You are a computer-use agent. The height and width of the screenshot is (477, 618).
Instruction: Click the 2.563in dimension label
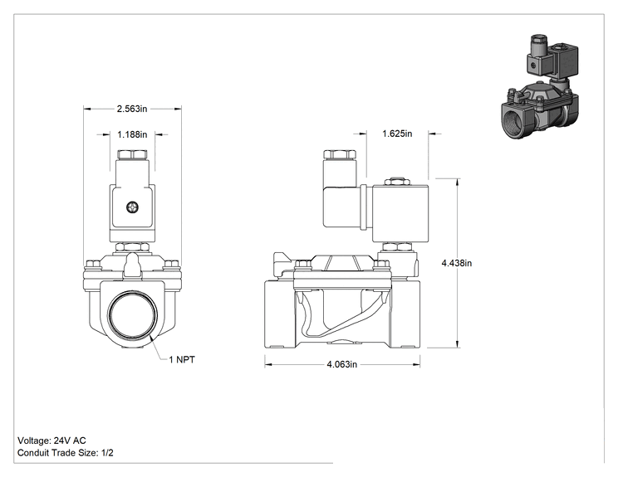pyautogui.click(x=131, y=109)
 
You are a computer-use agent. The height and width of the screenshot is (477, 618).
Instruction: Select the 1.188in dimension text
pyautogui.click(x=132, y=134)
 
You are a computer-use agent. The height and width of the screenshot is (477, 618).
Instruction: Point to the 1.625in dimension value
pyautogui.click(x=397, y=134)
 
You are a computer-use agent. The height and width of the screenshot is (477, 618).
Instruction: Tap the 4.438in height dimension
pyautogui.click(x=456, y=263)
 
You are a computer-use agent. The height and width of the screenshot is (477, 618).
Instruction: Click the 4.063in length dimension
pyautogui.click(x=341, y=364)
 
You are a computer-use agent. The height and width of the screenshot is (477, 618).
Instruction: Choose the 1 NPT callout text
pyautogui.click(x=182, y=359)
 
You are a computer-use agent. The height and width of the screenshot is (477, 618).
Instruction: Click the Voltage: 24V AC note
pyautogui.click(x=51, y=440)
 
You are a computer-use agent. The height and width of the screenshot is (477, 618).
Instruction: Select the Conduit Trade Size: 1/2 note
pyautogui.click(x=66, y=453)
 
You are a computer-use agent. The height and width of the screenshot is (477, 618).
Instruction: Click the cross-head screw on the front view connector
pyautogui.click(x=132, y=207)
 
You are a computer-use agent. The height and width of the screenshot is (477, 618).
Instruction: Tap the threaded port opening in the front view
pyautogui.click(x=133, y=315)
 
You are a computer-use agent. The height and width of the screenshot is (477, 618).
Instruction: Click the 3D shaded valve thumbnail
pyautogui.click(x=541, y=86)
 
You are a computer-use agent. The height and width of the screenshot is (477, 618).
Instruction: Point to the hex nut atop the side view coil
pyautogui.click(x=396, y=182)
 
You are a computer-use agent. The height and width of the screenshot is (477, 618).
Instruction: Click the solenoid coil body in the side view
pyautogui.click(x=400, y=214)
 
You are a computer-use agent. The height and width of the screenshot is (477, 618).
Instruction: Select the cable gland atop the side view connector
pyautogui.click(x=340, y=153)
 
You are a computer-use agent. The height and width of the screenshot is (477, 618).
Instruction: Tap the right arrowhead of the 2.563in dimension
pyautogui.click(x=178, y=109)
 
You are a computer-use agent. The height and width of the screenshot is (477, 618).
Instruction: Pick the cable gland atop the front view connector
pyautogui.click(x=132, y=153)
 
